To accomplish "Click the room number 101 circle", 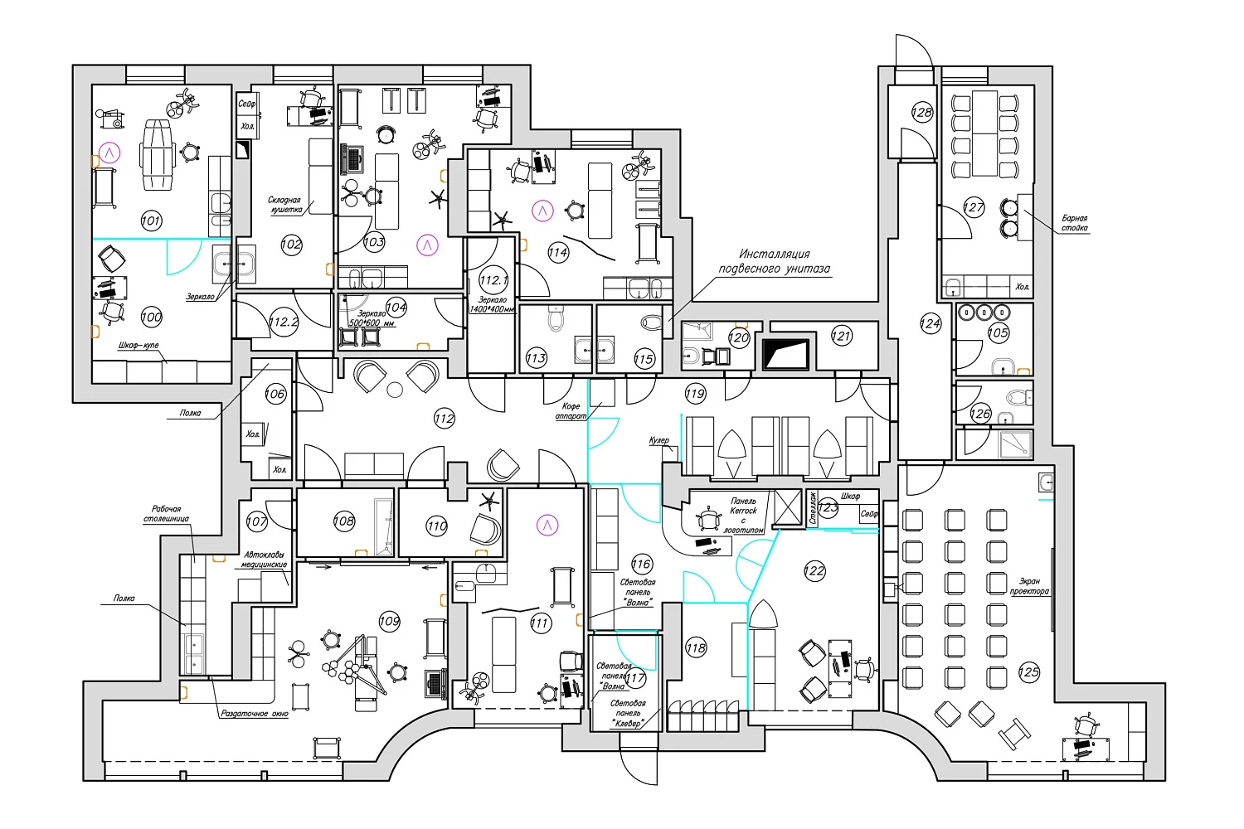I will (151, 221).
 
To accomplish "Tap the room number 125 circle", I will (1028, 672).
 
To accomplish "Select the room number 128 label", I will (922, 112).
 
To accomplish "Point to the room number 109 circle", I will (389, 621).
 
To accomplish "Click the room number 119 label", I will (695, 394).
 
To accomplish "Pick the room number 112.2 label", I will (284, 322).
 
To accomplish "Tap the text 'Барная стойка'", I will (1074, 223).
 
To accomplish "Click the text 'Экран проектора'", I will (1029, 586).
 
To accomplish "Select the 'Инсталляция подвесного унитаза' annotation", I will (773, 261).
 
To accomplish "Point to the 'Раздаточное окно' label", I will (255, 713).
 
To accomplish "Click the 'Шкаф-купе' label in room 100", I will (138, 345).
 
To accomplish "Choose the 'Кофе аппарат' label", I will (571, 411).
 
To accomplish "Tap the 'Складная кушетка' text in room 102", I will (284, 205).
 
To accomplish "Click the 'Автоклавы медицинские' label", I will (264, 560).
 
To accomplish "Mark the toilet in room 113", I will (556, 318).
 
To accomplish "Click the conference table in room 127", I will (984, 133).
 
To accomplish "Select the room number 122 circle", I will (814, 570).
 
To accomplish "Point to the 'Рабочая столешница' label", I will (166, 514).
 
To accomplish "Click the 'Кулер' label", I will (658, 441).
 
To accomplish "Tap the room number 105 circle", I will (998, 332).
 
